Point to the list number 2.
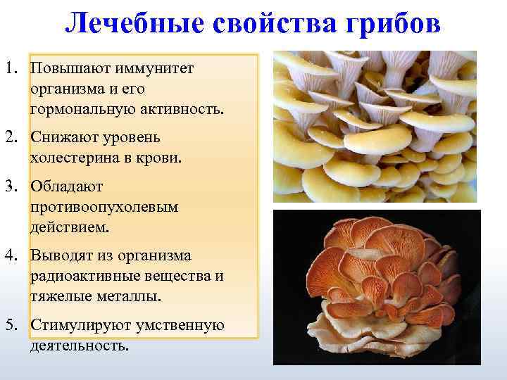point(11,136)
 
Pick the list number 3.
point(11,186)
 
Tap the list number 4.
point(11,255)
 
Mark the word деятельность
point(80,346)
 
